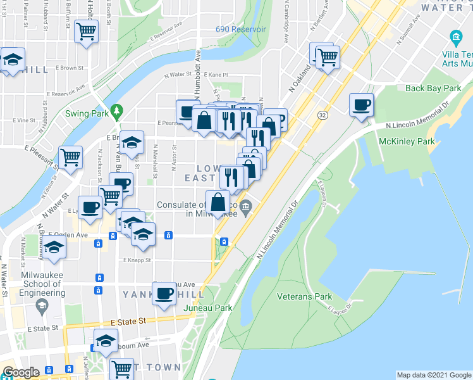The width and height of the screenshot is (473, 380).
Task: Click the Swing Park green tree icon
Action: (x=116, y=112)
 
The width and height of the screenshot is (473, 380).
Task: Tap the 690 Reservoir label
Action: (x=240, y=29)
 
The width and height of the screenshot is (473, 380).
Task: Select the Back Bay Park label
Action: (x=433, y=88)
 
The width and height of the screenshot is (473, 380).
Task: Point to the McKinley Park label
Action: (x=408, y=142)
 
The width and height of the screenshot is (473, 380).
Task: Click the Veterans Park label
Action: (x=304, y=296)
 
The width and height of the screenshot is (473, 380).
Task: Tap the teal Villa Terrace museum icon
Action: (x=455, y=35)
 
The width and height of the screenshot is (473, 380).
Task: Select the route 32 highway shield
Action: (x=323, y=115)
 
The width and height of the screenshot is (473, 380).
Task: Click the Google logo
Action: (x=21, y=372)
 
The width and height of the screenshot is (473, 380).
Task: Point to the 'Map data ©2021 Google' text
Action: (x=434, y=375)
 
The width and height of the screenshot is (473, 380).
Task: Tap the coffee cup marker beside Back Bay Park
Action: (x=361, y=104)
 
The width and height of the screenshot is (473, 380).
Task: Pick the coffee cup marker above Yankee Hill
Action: (x=165, y=293)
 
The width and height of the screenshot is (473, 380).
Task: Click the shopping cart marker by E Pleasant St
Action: (x=70, y=157)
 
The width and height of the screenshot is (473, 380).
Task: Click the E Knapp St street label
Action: (x=137, y=260)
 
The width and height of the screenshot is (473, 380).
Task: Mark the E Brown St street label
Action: (x=70, y=67)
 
